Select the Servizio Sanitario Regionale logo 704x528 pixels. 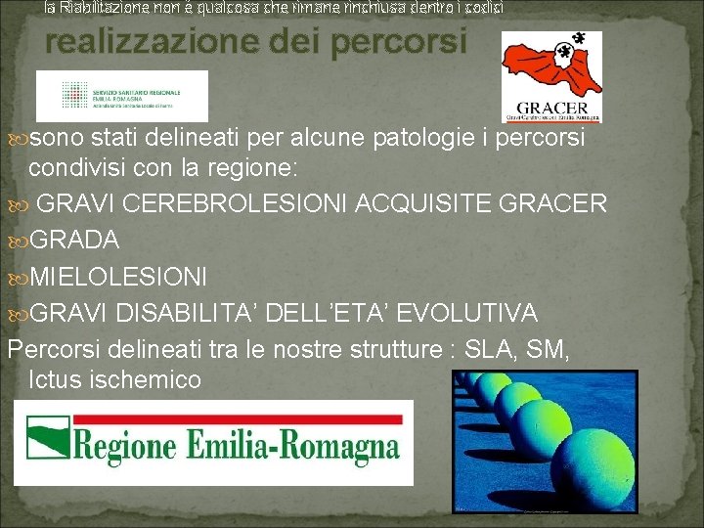point(122,96)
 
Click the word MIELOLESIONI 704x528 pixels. point(118,277)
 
